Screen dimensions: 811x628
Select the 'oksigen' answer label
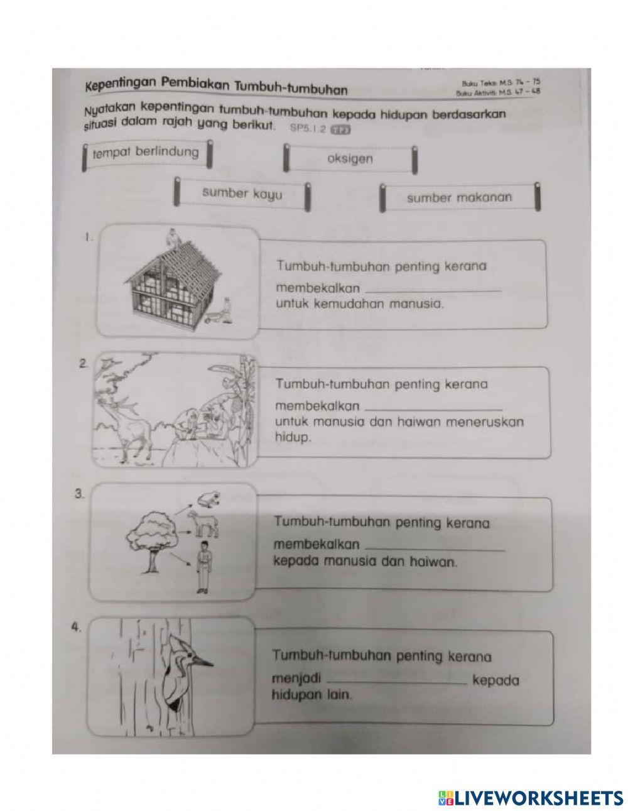point(350,159)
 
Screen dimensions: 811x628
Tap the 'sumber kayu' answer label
point(242,194)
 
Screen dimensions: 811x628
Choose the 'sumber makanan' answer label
point(459,198)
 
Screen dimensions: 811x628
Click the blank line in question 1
point(433,290)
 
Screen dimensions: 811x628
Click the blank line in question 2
point(433,408)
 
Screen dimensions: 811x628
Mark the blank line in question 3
point(435,549)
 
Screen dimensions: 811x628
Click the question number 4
point(76,626)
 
